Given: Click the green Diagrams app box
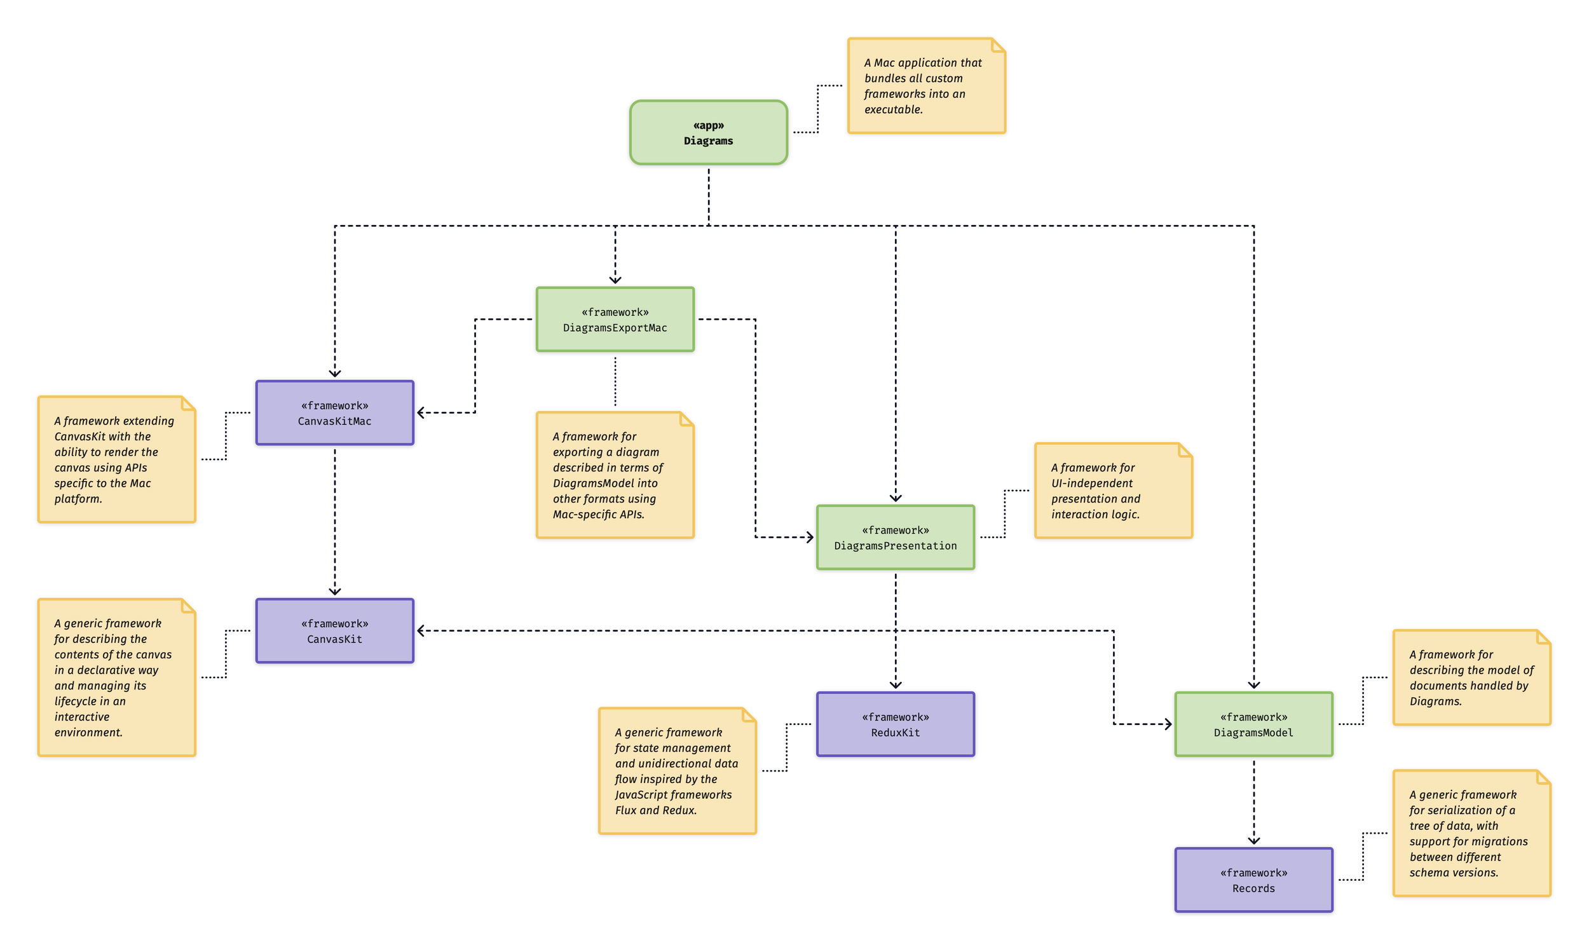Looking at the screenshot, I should pos(708,133).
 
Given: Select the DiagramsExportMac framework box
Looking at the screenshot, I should pos(615,320).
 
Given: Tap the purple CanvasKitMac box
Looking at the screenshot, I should pos(334,413).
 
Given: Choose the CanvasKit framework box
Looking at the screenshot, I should pos(334,630).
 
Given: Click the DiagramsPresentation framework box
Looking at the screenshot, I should pos(895,537).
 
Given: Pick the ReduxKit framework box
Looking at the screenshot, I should pos(895,724).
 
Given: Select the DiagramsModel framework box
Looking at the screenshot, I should pos(1253,724).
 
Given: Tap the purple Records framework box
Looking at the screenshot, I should pos(1253,879).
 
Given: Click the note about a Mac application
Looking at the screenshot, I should pos(925,86).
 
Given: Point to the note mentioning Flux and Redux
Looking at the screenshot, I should pos(677,771).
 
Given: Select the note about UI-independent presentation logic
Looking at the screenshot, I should pos(1113,491).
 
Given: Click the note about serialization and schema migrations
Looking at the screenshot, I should pos(1471,833).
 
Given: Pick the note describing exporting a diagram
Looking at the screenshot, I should pos(615,475).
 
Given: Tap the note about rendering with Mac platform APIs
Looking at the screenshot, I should pos(116,459).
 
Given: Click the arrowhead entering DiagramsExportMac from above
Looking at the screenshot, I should pos(615,280).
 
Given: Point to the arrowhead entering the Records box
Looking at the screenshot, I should pos(1253,841).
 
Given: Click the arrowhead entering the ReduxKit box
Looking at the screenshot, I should pos(896,685).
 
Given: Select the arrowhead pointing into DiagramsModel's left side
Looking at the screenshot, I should pos(1168,724).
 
